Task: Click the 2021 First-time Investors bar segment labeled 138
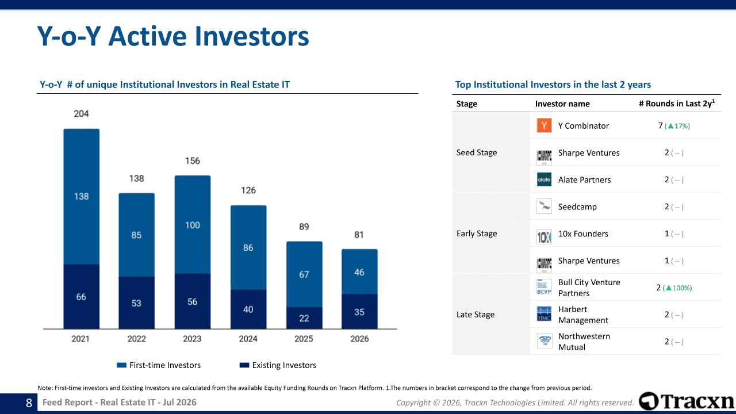pos(82,197)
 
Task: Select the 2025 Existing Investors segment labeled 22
pos(304,318)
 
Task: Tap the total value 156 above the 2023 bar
pos(192,160)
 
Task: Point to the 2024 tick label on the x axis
pos(248,339)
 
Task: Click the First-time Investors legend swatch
pos(121,365)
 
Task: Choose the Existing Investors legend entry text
pos(284,365)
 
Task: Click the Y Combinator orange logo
pos(544,125)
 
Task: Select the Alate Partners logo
pos(544,179)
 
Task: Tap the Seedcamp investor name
pos(577,206)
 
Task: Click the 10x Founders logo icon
pos(544,237)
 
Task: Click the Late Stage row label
pos(476,315)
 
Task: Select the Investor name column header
pos(562,104)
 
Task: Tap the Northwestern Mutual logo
pos(544,341)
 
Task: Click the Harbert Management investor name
pos(583,315)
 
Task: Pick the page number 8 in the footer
pos(29,402)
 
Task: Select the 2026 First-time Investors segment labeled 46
pos(359,272)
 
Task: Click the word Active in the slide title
pos(148,36)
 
